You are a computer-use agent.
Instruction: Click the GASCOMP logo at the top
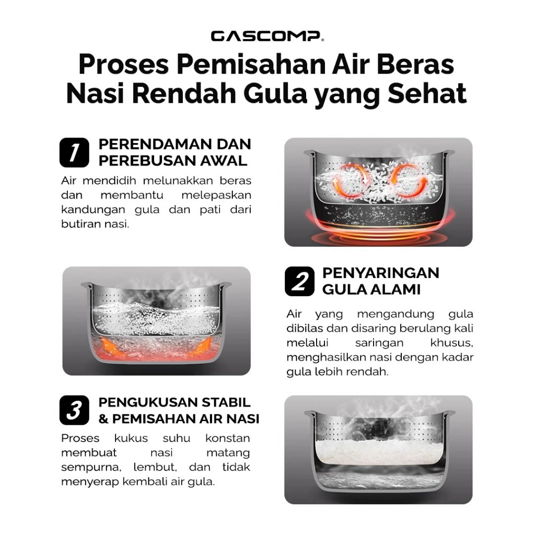[x=266, y=36]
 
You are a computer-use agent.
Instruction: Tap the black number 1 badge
[x=74, y=153]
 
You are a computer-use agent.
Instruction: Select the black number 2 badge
[x=299, y=281]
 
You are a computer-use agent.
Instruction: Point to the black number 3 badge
[x=74, y=410]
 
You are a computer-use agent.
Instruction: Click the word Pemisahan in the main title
[x=251, y=65]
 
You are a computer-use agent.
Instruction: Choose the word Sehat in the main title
[x=427, y=93]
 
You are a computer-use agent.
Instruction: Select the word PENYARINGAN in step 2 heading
[x=381, y=273]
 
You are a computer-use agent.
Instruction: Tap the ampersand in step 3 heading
[x=103, y=418]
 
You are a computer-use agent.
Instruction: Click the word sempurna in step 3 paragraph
[x=91, y=467]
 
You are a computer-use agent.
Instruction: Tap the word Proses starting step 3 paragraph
[x=80, y=438]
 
